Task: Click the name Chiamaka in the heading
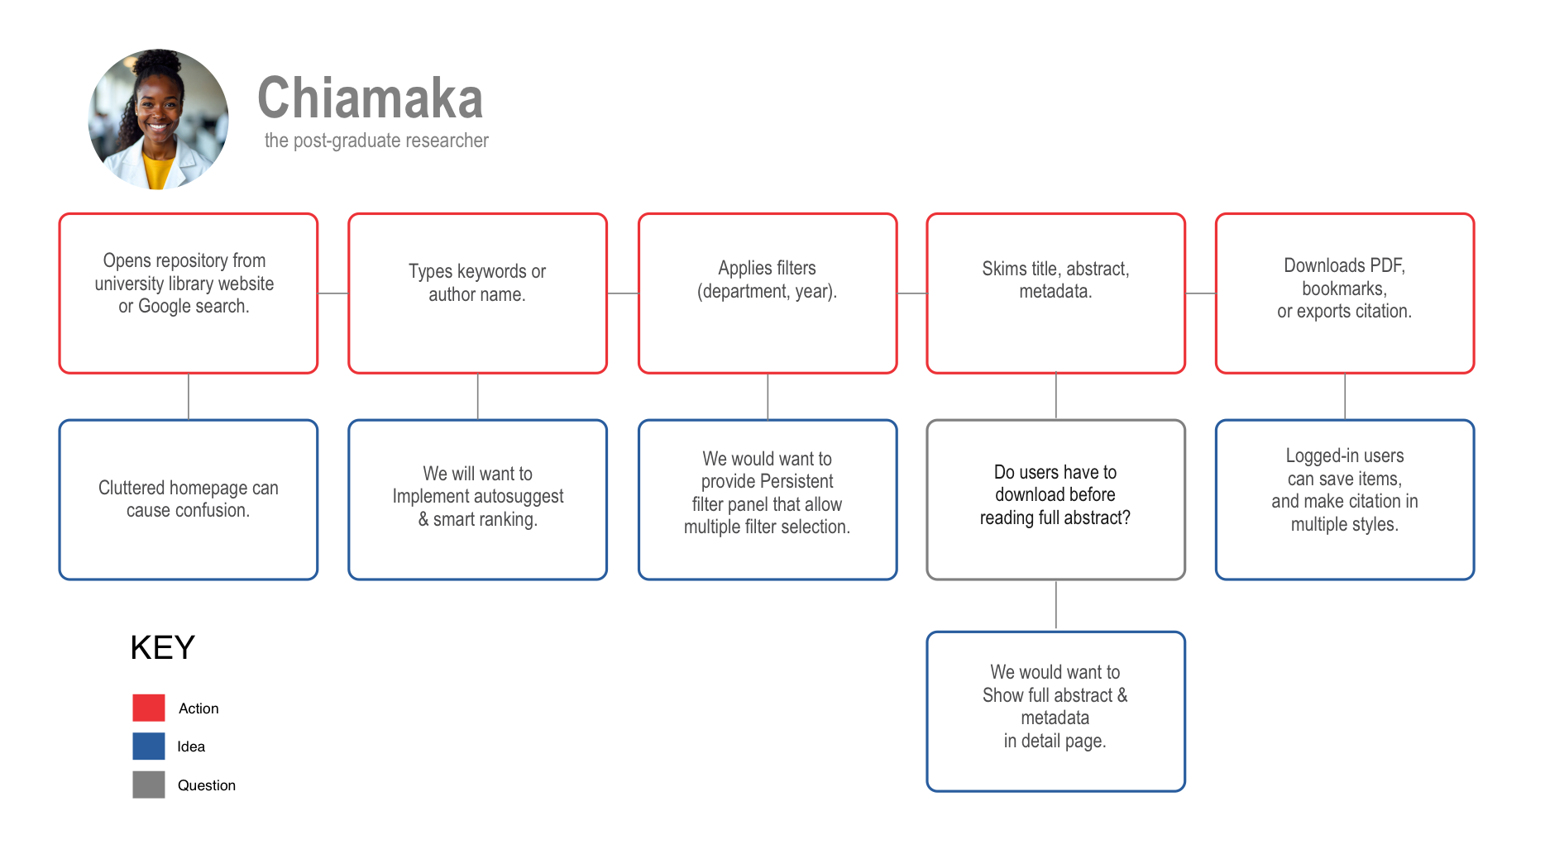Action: point(370,98)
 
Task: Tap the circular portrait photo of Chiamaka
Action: point(159,119)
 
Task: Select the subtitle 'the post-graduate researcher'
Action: point(376,141)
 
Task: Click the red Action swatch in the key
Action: point(149,708)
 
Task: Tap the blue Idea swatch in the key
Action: point(149,746)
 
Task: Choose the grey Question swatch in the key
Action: point(149,785)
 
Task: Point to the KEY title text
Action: point(163,647)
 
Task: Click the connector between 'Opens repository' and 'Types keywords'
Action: point(333,293)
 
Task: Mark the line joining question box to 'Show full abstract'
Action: point(1056,606)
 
